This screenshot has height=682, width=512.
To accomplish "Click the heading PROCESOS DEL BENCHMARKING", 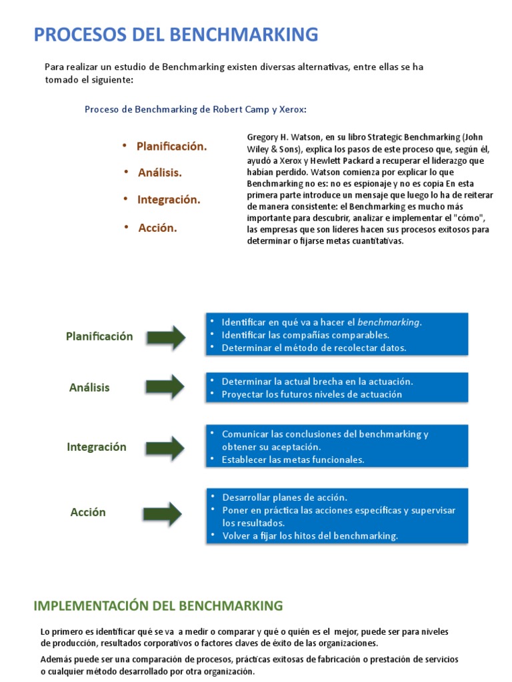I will click(176, 34).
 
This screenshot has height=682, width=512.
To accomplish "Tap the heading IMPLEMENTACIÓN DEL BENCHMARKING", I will click(158, 605).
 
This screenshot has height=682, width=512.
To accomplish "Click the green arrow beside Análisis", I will click(165, 387).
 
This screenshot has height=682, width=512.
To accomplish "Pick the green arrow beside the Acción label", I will click(163, 513).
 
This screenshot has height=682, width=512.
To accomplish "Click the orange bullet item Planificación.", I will click(171, 146).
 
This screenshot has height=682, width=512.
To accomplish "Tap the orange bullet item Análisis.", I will click(159, 172).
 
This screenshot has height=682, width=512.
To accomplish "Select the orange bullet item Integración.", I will click(169, 200).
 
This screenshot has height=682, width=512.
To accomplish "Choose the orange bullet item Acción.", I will click(157, 228).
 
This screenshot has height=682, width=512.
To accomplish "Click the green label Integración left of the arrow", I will click(97, 447).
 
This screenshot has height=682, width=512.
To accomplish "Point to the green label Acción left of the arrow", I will click(88, 512).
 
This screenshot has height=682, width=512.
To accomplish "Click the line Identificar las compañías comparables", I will click(305, 335).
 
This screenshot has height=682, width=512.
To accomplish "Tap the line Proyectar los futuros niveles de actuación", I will click(312, 394).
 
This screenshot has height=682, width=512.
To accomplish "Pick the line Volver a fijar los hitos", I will click(310, 536).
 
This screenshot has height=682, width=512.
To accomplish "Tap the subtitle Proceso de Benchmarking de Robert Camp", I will click(195, 109).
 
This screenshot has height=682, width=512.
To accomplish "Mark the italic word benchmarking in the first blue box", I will click(389, 322).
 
